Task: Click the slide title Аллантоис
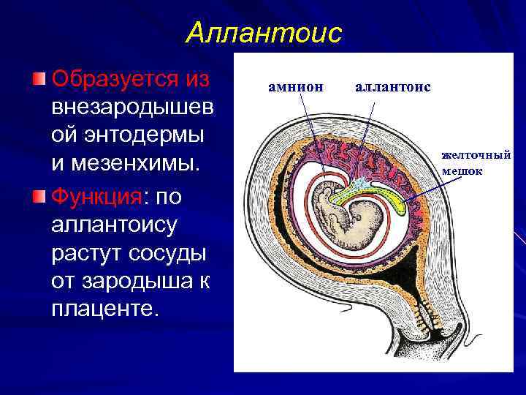[x=263, y=33]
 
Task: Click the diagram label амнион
[x=295, y=87]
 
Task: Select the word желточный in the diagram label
[x=476, y=154]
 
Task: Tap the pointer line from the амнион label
[x=310, y=132]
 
